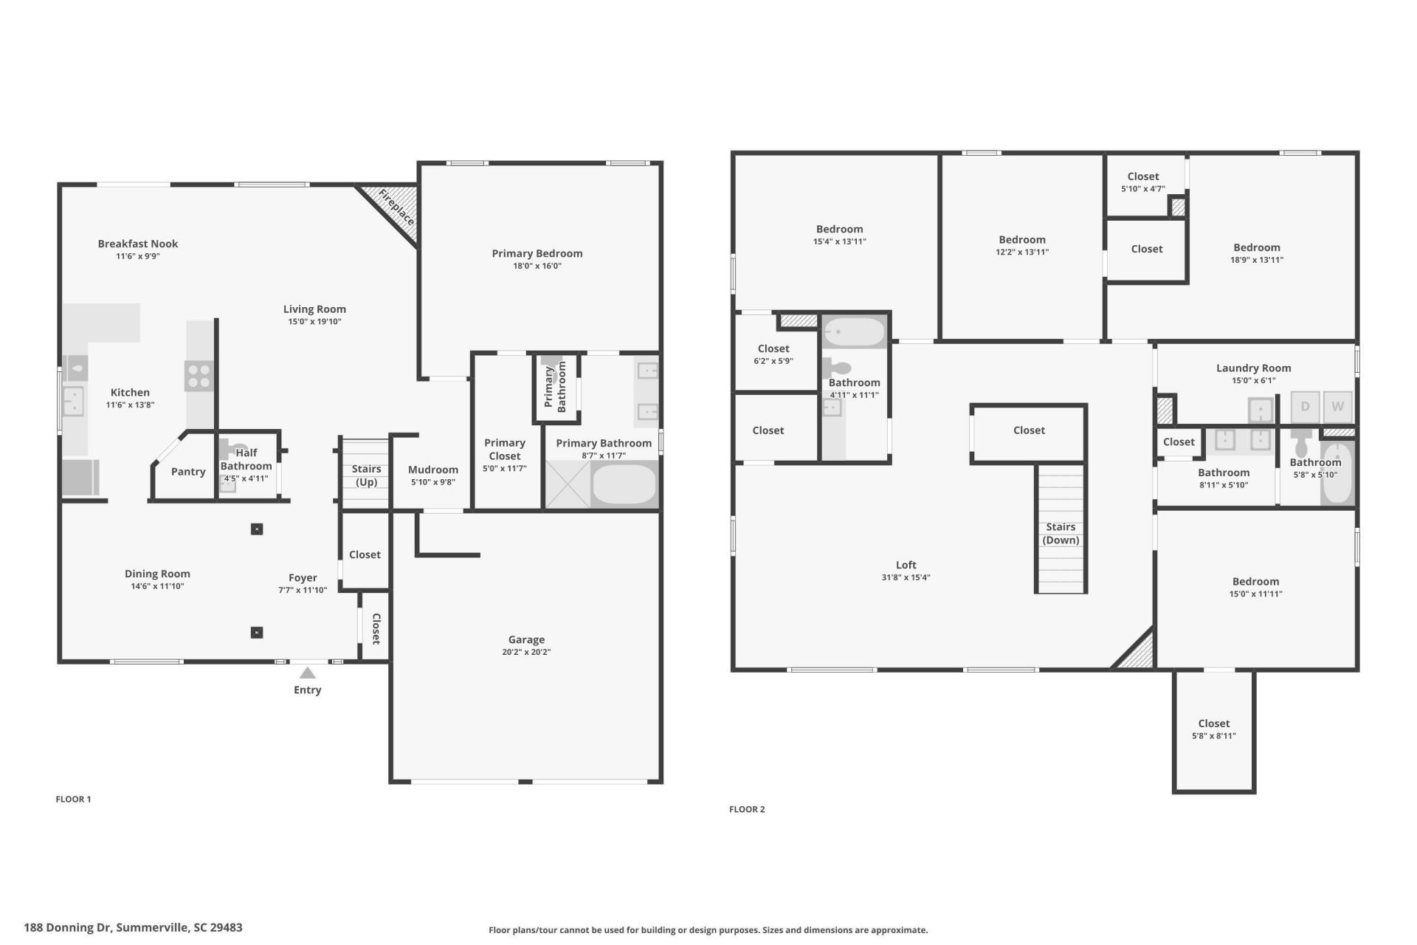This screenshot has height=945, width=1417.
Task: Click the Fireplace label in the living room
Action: (x=396, y=207)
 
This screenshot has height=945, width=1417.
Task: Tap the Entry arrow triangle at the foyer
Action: (x=308, y=673)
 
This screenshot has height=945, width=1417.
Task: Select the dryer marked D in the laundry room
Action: (x=1305, y=406)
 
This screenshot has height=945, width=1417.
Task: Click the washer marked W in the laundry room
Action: (x=1337, y=406)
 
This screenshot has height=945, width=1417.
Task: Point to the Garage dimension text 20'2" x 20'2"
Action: (x=526, y=652)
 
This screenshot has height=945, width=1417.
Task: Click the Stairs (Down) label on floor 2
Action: (x=1061, y=533)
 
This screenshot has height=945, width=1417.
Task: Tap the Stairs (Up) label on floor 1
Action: (x=366, y=475)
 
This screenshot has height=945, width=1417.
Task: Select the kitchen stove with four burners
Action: (x=199, y=375)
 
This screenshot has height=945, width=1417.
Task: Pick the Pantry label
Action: (x=188, y=472)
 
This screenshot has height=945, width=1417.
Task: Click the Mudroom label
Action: (x=433, y=470)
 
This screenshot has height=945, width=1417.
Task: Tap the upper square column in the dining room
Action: (x=257, y=529)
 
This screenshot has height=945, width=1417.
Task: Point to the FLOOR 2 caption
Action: (x=747, y=809)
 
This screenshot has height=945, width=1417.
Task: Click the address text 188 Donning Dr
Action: (x=133, y=927)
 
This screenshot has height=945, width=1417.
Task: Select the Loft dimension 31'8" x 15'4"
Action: (x=906, y=577)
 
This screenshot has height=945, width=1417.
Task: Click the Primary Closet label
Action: (x=505, y=449)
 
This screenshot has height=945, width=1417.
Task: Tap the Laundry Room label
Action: (x=1253, y=368)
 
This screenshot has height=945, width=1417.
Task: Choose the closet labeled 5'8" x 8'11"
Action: (x=1214, y=729)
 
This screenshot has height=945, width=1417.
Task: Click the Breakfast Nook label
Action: (x=138, y=244)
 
